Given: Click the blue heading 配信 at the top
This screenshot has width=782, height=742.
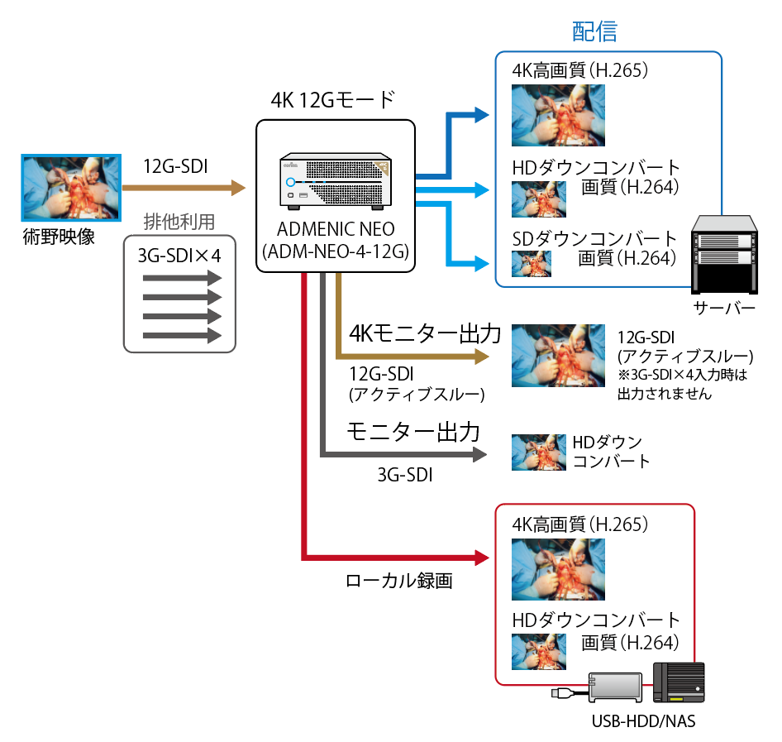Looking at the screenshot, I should [594, 31].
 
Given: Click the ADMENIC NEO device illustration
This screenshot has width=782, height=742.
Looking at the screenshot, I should [335, 179].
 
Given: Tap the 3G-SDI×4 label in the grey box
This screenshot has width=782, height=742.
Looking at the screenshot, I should [179, 256].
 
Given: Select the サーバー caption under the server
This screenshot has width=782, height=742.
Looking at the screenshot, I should [725, 309].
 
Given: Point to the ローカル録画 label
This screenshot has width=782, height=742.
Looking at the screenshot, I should [398, 581].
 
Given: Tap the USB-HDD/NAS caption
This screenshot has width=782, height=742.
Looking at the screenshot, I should [643, 721].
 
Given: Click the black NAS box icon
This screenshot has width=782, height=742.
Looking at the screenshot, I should [679, 684].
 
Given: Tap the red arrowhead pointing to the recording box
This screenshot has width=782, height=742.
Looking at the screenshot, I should [482, 554].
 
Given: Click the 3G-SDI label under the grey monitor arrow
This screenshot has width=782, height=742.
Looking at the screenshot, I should [405, 475].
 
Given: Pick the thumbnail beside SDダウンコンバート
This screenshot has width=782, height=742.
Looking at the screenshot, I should [531, 263].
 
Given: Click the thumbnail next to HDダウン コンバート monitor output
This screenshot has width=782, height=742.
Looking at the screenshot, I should [538, 452].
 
